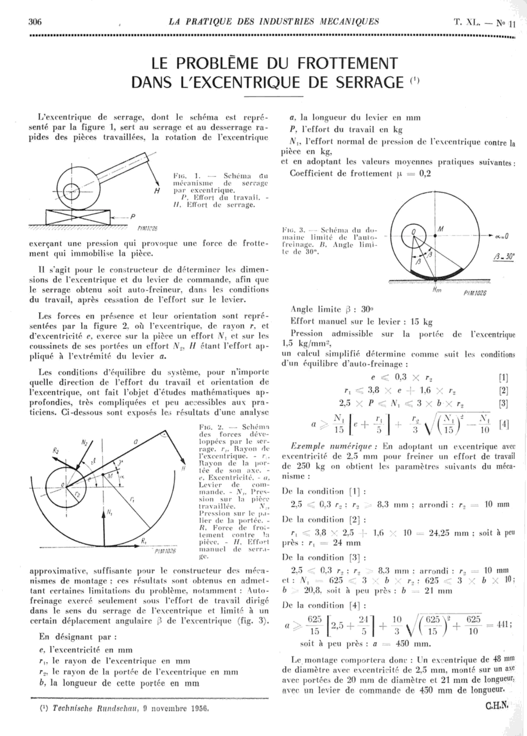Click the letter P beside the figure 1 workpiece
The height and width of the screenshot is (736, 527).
tap(133, 216)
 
